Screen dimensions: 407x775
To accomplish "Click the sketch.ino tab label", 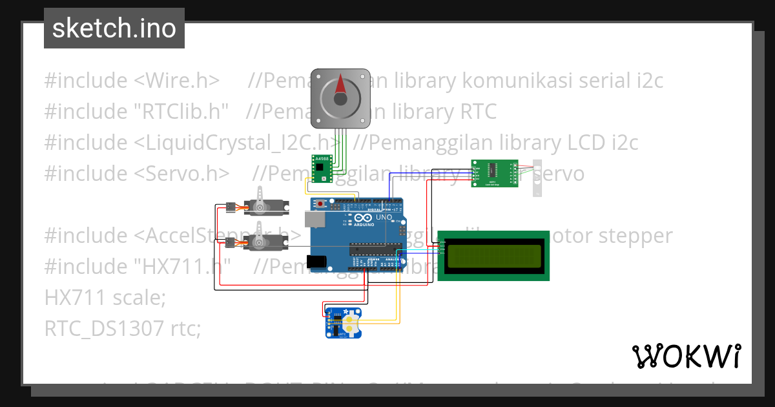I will pos(114,28).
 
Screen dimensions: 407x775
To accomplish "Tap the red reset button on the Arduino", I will pos(322,205).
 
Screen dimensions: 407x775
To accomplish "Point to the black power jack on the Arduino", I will pos(316,261).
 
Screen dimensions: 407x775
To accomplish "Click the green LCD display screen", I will pos(493,255).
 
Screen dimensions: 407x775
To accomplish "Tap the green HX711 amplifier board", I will pos(494,173).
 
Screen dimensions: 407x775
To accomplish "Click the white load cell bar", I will pos(537,179).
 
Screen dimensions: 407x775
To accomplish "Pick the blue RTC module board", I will pos(343,322).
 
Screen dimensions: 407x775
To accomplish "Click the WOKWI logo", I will pos(686,356).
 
